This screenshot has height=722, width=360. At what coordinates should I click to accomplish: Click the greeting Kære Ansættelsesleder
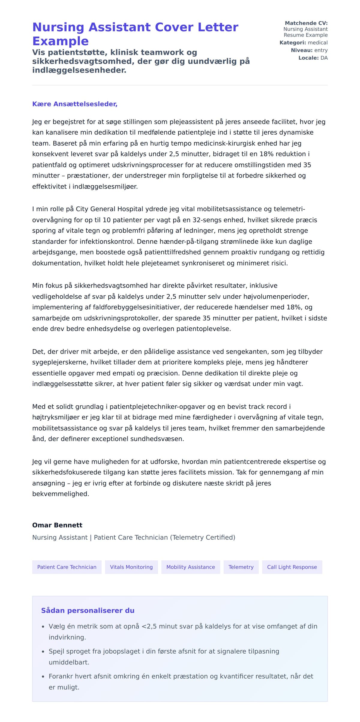(75, 104)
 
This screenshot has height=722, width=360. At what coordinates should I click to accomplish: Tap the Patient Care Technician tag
(67, 567)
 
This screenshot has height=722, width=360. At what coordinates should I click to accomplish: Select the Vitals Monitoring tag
(131, 567)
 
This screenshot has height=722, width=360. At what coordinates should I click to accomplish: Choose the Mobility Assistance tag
(190, 567)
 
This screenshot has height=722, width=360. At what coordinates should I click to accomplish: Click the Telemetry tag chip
(241, 567)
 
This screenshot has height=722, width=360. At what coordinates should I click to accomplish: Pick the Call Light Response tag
(292, 567)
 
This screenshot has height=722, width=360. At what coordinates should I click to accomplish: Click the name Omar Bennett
(57, 525)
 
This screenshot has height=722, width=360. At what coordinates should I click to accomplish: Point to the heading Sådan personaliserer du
(88, 610)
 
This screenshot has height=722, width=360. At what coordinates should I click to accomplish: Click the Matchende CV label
(306, 23)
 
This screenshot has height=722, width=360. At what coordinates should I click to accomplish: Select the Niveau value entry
(321, 50)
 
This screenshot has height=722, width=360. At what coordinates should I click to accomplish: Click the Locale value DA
(324, 58)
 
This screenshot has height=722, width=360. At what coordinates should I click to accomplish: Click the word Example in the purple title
(60, 41)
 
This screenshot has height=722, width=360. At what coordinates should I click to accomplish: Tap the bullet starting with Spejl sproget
(164, 651)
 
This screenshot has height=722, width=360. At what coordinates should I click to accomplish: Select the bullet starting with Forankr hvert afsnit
(181, 676)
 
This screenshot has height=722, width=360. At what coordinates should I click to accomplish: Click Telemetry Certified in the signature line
(203, 537)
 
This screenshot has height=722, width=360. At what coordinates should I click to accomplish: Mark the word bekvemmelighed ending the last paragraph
(61, 494)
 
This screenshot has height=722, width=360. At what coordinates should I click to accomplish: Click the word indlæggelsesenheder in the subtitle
(79, 70)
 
